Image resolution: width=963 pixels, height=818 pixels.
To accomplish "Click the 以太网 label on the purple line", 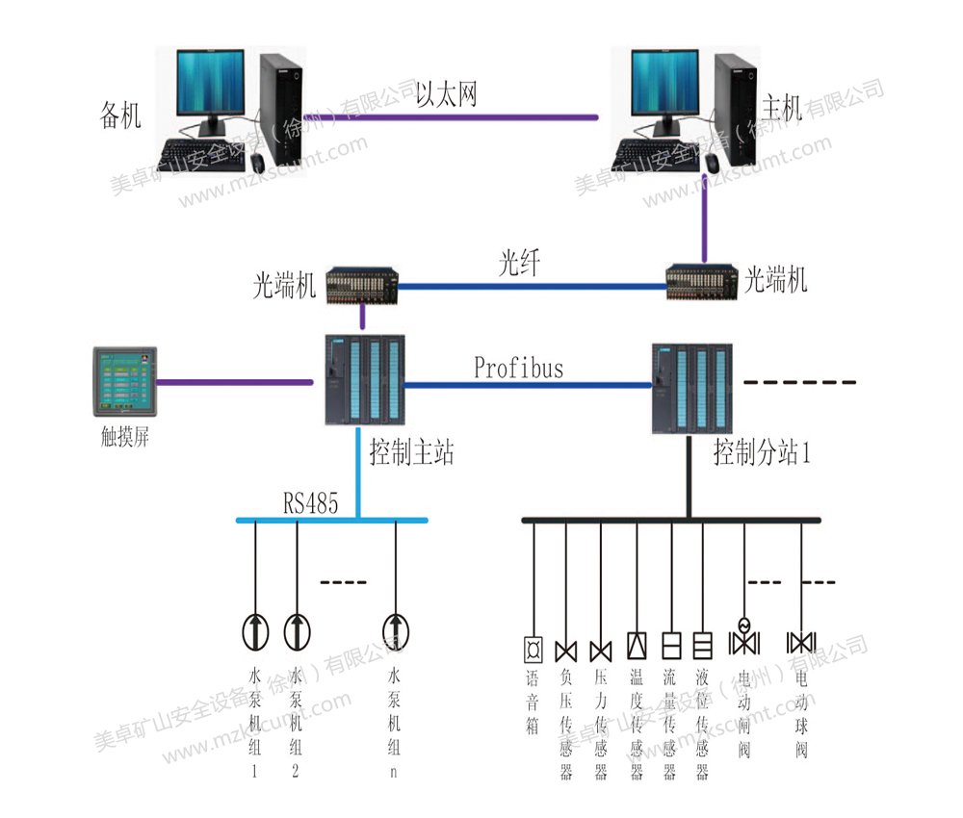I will [446, 94].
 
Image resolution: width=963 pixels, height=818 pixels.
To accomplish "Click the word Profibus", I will [518, 367].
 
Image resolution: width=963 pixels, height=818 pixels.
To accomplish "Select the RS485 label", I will [310, 502].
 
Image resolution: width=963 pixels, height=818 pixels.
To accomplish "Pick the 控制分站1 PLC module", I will [691, 389].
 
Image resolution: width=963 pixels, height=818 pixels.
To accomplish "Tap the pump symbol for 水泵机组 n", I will [395, 630].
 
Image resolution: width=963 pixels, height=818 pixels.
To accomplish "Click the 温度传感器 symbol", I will [637, 645].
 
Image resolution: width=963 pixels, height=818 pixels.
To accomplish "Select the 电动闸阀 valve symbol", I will [743, 640].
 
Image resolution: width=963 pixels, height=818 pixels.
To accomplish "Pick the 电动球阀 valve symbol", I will [801, 642].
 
